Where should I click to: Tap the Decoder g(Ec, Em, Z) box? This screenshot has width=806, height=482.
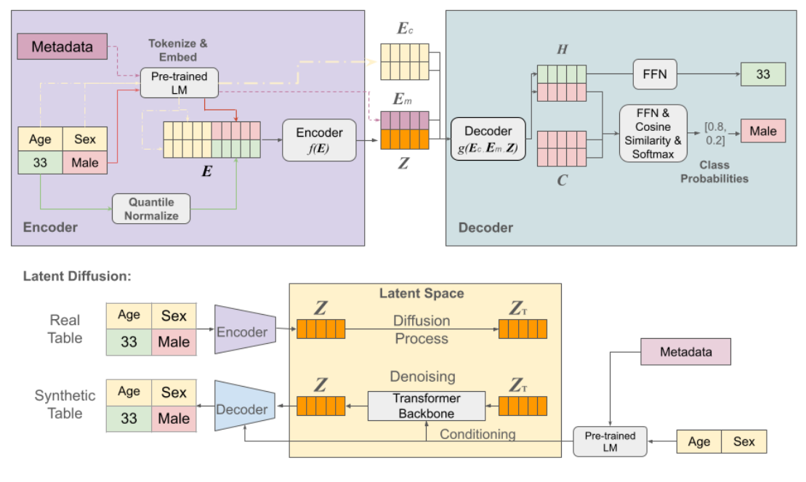[488, 138]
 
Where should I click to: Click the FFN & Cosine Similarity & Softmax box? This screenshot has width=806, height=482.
[653, 133]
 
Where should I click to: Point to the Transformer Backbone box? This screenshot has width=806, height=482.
[427, 406]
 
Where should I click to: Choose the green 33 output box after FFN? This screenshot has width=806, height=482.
[762, 75]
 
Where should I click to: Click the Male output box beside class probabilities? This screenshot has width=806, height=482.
[762, 132]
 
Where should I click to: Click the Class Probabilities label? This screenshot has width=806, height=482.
[714, 172]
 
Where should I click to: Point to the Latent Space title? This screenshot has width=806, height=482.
[421, 294]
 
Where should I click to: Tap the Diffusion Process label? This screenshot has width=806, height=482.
[421, 329]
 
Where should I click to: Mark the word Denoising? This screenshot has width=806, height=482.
[422, 377]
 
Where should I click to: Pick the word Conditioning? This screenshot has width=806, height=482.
[477, 434]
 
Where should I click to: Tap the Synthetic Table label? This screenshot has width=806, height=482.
[65, 404]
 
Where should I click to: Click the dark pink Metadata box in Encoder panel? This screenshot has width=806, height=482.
[63, 47]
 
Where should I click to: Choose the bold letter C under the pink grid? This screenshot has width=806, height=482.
[562, 180]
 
